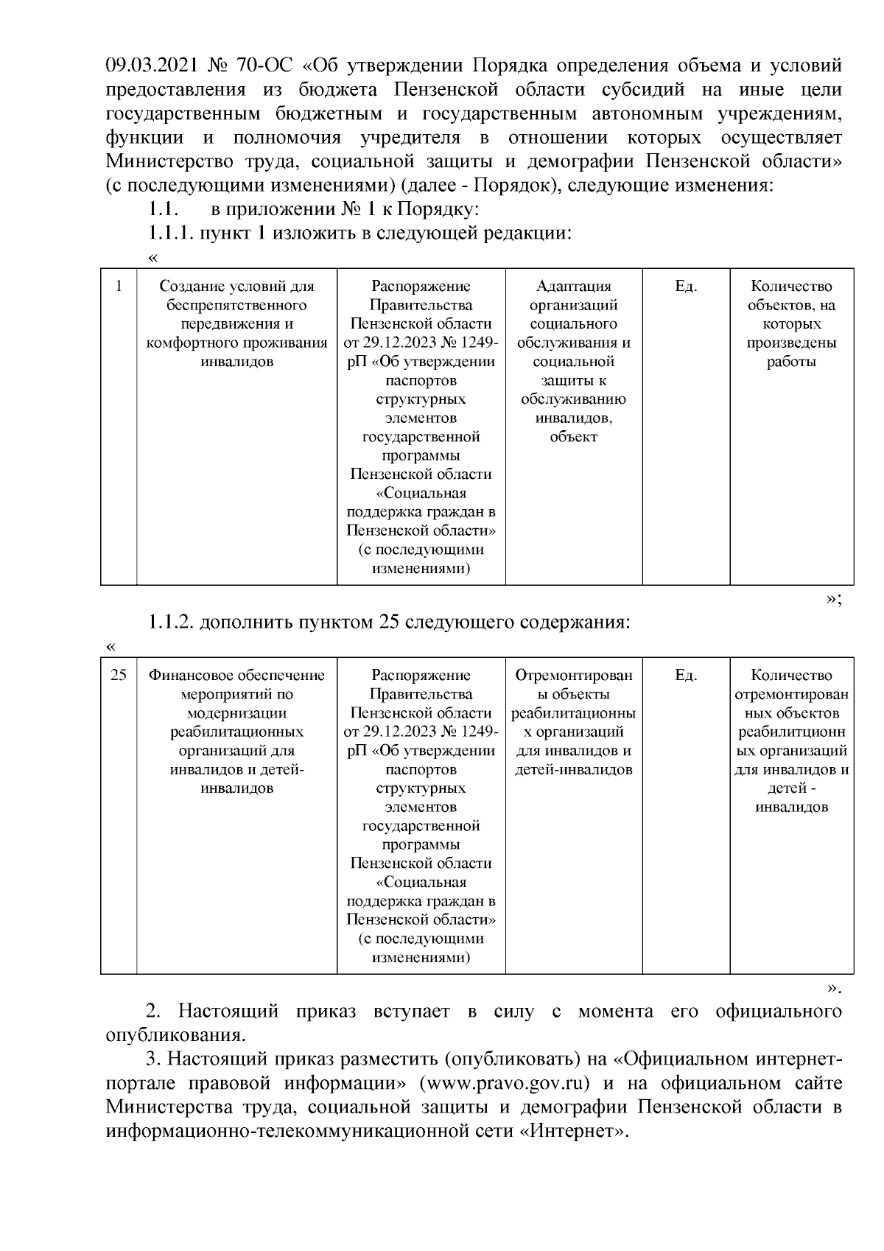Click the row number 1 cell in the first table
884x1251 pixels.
point(119,286)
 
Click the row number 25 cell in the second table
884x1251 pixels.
point(119,675)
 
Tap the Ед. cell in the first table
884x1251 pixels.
point(686,286)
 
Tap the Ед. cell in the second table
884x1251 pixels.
point(686,675)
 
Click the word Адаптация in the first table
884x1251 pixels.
point(574,286)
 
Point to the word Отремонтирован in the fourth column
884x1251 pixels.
point(574,675)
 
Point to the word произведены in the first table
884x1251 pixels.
point(792,343)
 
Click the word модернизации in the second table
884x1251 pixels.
point(237,713)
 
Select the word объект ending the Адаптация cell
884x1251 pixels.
point(574,437)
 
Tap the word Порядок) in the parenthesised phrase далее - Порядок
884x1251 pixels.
point(519,185)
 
